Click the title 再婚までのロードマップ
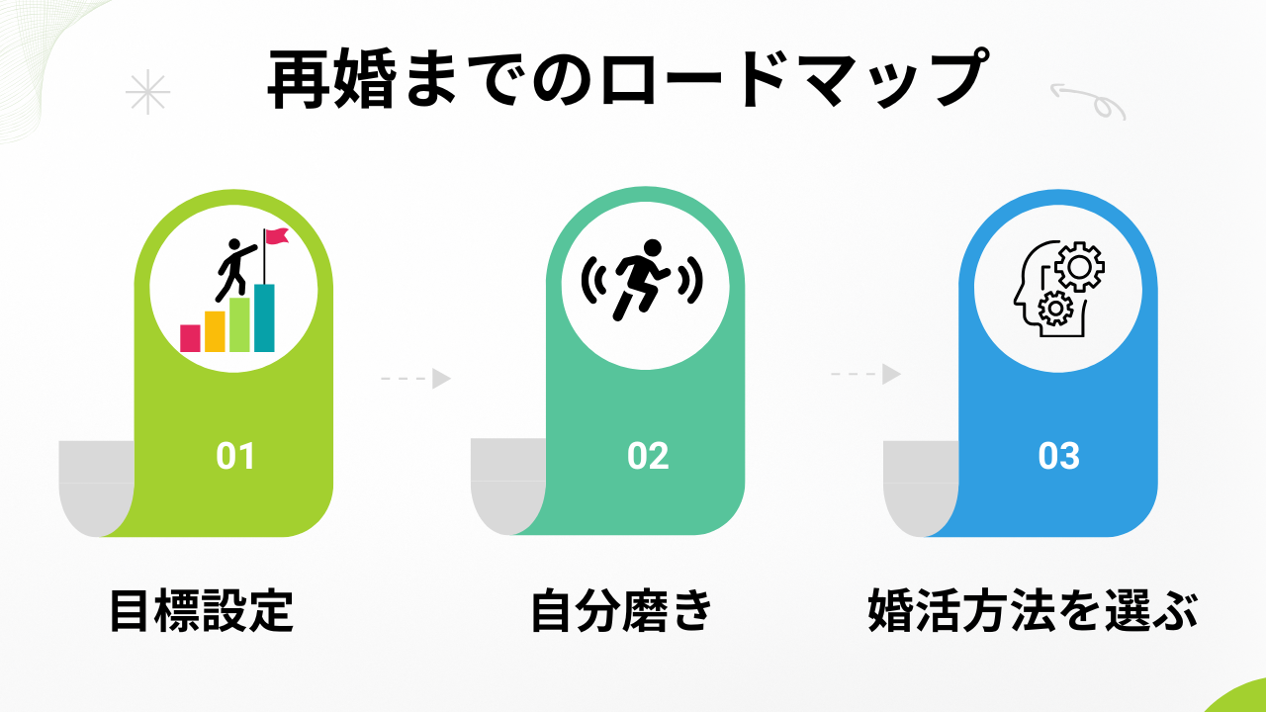[x=628, y=78]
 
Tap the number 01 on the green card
[x=235, y=456]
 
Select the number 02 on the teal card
[x=648, y=456]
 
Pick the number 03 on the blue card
[x=1058, y=456]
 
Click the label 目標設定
[x=201, y=611]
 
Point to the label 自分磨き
[x=621, y=611]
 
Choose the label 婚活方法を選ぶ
[x=1033, y=611]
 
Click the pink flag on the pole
[x=277, y=236]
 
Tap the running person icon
[x=643, y=280]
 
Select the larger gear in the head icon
[x=1079, y=266]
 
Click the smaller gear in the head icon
[x=1054, y=309]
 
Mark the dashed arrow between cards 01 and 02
[x=416, y=378]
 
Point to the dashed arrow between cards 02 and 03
[x=865, y=374]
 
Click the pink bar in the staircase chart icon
[x=190, y=338]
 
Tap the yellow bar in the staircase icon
[x=215, y=331]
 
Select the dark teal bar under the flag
[x=264, y=318]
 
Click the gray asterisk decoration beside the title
[x=147, y=92]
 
